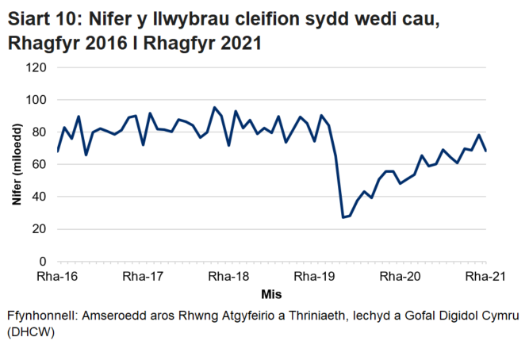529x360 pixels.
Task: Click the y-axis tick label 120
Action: [x=36, y=67]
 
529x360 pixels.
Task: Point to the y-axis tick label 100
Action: [x=36, y=100]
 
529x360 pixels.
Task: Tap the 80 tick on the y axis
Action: [x=40, y=132]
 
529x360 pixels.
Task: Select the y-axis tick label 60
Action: [x=40, y=164]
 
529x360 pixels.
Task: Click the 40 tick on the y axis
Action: [x=40, y=197]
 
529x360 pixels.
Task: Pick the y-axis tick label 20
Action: [x=40, y=229]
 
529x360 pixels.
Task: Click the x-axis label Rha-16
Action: [x=58, y=277]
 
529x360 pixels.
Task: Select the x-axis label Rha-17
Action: [x=144, y=277]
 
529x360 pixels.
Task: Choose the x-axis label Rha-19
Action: [x=314, y=277]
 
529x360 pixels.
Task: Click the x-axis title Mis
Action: [x=271, y=293]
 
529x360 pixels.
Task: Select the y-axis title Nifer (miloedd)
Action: [x=17, y=164]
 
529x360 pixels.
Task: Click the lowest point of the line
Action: [x=343, y=217]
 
